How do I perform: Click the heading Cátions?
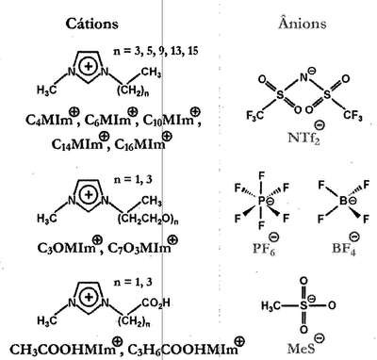tap(92, 24)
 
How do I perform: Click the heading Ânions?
tap(303, 24)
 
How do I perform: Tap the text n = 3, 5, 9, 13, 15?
tap(156, 51)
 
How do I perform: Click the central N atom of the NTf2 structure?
tap(303, 77)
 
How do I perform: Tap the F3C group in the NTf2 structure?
tap(254, 116)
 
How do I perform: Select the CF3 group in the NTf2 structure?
tap(352, 115)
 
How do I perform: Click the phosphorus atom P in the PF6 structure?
tap(261, 201)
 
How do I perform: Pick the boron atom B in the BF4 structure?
tap(343, 201)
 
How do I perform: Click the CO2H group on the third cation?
tap(156, 303)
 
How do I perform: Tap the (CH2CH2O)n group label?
tap(148, 219)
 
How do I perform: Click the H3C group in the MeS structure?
tap(270, 305)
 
